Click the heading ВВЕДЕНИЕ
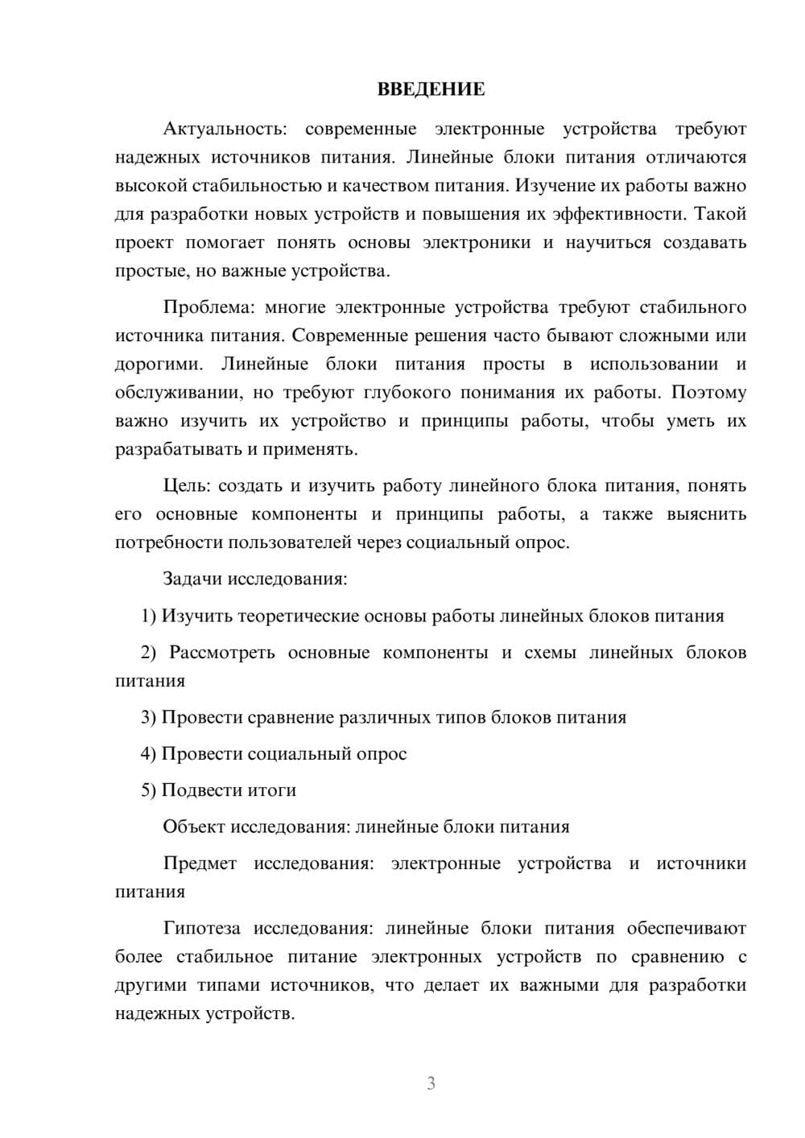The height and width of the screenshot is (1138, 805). click(x=431, y=89)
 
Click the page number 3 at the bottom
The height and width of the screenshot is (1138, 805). click(x=431, y=1083)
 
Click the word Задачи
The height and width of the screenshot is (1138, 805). click(x=193, y=579)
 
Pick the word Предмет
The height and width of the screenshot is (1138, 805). click(x=200, y=864)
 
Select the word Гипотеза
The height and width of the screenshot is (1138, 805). click(x=201, y=929)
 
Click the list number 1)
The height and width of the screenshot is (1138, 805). click(x=149, y=616)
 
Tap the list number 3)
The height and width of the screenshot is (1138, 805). click(x=149, y=717)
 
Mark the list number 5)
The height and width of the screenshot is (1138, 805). click(x=149, y=790)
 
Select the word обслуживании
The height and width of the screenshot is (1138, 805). click(x=178, y=393)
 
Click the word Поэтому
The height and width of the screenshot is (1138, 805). click(x=708, y=393)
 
